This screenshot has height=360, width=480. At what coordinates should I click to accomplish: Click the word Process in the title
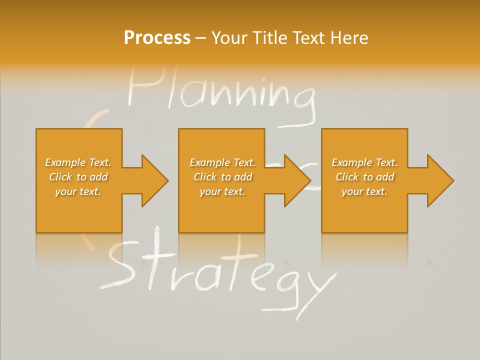(x=157, y=38)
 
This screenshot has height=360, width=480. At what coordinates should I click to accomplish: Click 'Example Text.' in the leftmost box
(x=78, y=162)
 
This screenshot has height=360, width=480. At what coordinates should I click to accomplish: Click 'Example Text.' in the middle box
(x=222, y=162)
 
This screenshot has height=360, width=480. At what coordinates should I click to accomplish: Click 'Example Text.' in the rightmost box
(x=364, y=162)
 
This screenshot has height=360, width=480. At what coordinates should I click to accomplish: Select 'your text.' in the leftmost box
(x=78, y=191)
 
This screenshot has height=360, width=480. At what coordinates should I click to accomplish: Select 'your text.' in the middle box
(x=222, y=191)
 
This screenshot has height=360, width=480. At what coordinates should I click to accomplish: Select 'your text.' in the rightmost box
(x=364, y=191)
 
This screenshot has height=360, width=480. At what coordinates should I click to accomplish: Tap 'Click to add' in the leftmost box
(x=78, y=177)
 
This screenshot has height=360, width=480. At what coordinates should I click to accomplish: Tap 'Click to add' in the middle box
(x=222, y=177)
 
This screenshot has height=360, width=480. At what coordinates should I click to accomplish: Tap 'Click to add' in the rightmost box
(x=364, y=177)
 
